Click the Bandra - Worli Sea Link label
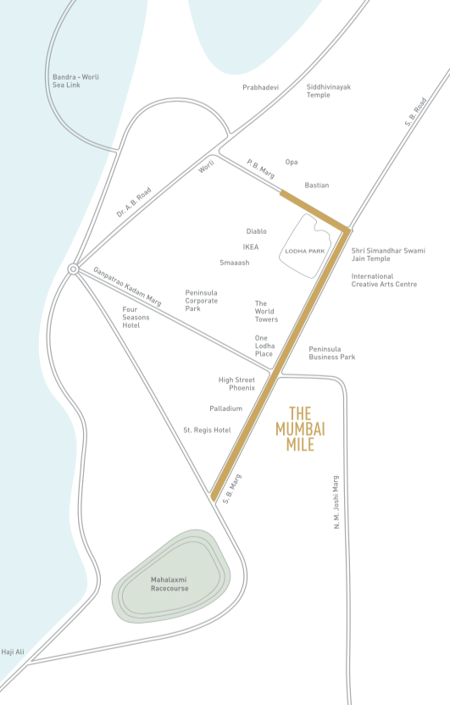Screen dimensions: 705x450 (75, 81)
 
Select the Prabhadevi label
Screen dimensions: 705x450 (260, 87)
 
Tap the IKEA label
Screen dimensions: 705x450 (251, 247)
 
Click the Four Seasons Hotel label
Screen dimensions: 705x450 (131, 317)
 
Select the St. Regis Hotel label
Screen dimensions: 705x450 (207, 430)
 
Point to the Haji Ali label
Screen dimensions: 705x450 (13, 652)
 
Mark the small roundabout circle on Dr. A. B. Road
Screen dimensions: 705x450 (74, 269)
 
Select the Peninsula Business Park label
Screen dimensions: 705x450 (331, 352)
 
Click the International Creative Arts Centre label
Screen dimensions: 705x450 (384, 280)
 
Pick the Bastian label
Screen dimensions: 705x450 (316, 185)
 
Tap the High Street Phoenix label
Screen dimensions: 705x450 (236, 384)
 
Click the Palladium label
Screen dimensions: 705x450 (226, 408)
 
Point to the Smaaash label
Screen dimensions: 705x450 (234, 263)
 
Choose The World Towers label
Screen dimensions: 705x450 (266, 311)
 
